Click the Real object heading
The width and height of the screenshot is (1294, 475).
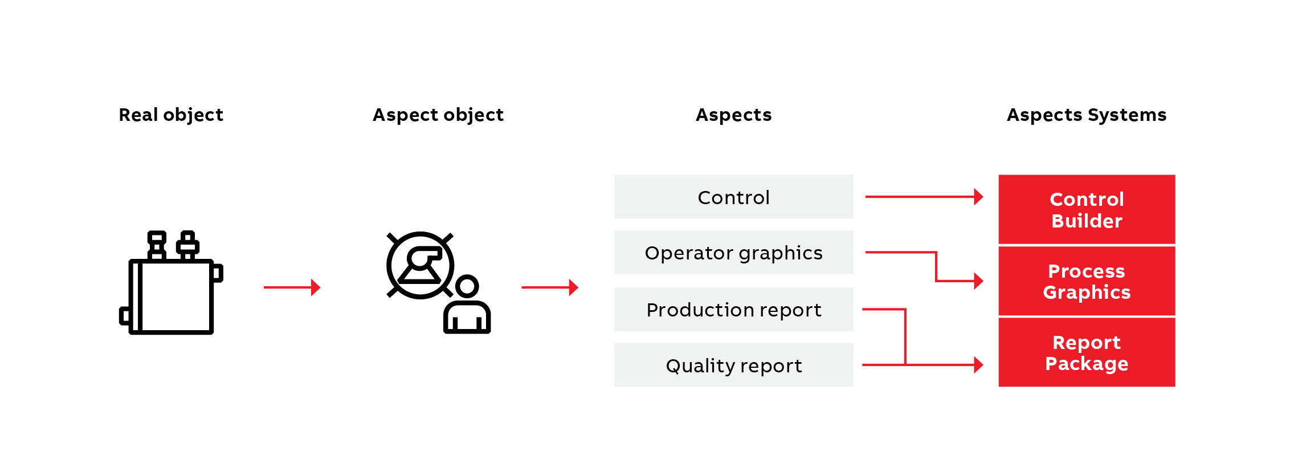pos(171,115)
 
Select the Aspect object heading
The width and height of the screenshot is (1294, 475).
pos(438,115)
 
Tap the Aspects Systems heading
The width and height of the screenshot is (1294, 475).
pos(1086,115)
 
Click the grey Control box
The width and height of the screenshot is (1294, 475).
pos(733,197)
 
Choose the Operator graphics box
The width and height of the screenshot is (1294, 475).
pos(733,253)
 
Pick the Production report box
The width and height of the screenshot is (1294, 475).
pos(733,310)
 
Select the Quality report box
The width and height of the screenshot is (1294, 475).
pos(733,365)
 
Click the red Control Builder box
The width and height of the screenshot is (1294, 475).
pos(1086,210)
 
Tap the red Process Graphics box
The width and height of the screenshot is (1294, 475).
pos(1086,281)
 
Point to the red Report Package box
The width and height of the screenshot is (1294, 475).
pos(1086,352)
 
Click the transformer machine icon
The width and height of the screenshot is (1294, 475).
pos(171,285)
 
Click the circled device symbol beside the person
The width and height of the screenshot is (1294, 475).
pos(421,265)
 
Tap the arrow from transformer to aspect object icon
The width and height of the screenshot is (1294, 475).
pos(292,287)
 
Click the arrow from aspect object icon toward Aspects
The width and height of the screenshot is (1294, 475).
pos(550,287)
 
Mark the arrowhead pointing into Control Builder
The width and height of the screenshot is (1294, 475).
pos(978,197)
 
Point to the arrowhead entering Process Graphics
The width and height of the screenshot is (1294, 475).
pos(978,281)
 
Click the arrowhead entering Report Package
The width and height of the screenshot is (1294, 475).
pos(978,365)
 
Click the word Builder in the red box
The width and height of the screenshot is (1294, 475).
pos(1086,221)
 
